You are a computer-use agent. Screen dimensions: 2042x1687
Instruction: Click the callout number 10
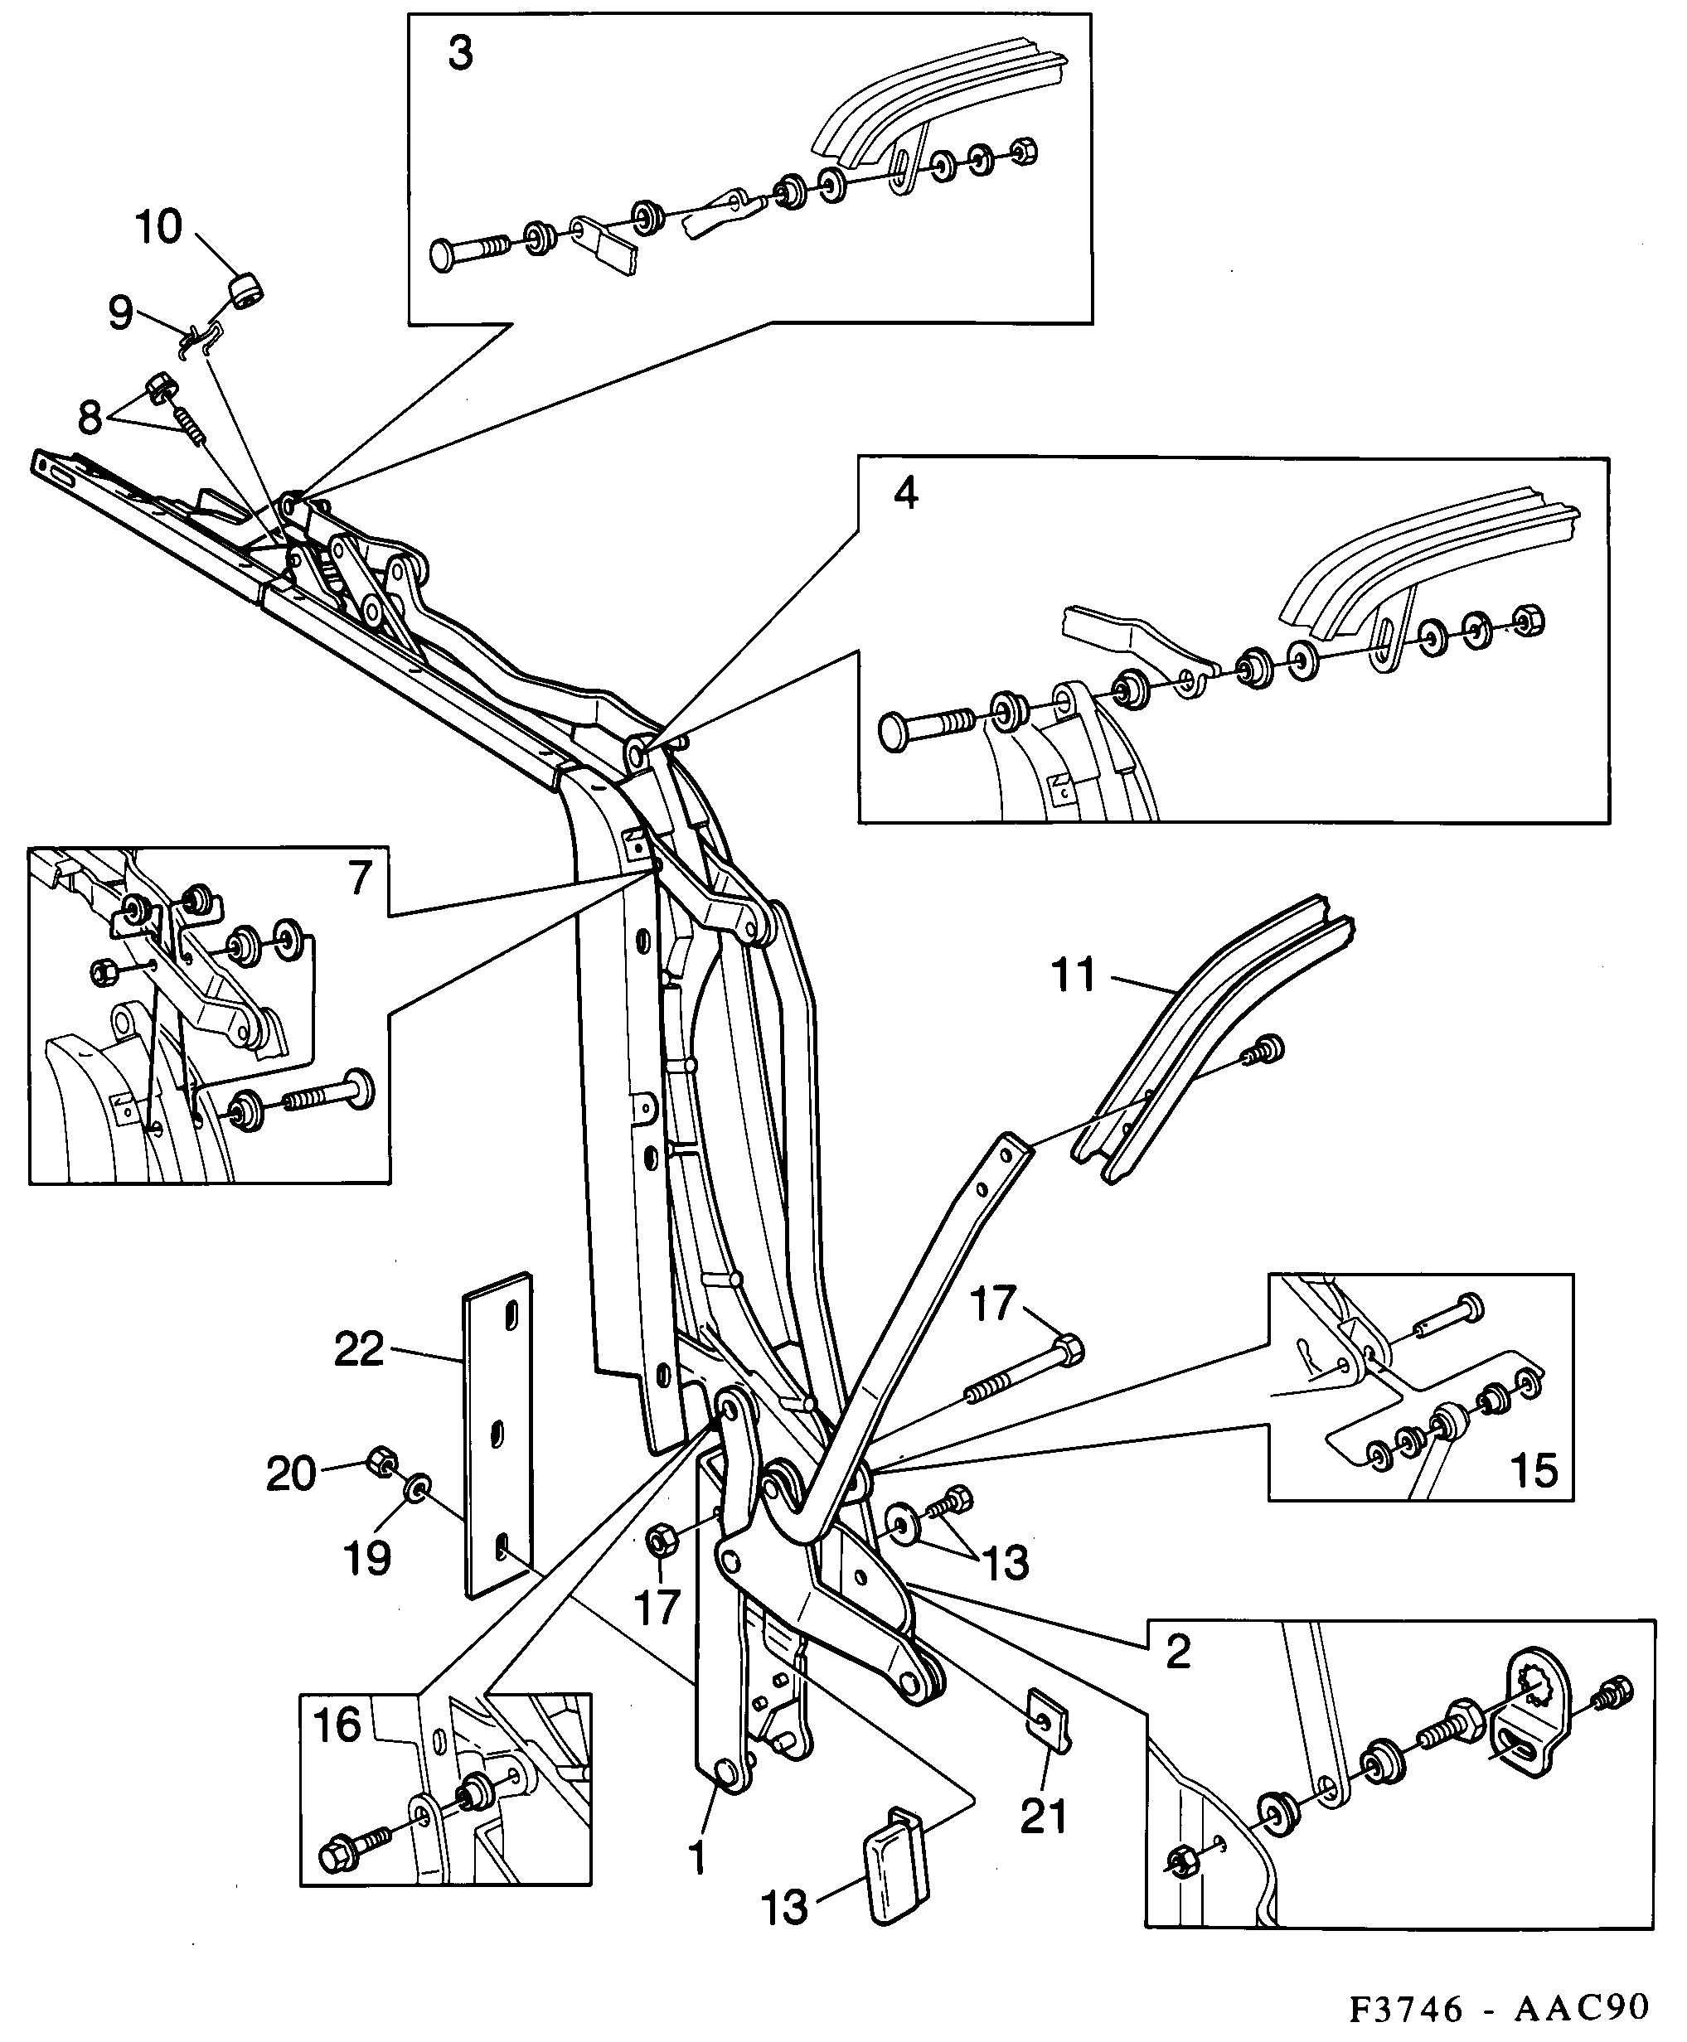[158, 227]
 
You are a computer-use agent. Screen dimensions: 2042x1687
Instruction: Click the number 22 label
[360, 1349]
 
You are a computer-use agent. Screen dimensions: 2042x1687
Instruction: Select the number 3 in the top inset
[461, 53]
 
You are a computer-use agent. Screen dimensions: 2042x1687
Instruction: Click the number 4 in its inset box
[904, 493]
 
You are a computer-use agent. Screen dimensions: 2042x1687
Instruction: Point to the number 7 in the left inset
[361, 878]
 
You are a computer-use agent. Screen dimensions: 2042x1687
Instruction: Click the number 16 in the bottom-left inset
[337, 1726]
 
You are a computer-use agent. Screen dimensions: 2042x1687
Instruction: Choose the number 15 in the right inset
[1534, 1471]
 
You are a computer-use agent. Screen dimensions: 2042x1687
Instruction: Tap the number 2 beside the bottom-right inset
[1178, 1652]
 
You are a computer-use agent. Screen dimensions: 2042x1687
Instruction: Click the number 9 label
[120, 312]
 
